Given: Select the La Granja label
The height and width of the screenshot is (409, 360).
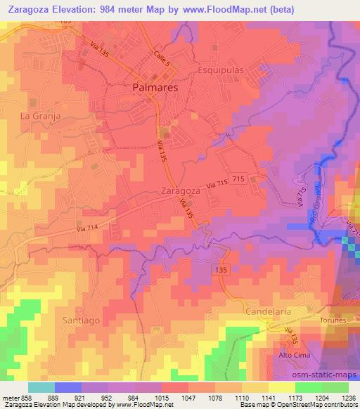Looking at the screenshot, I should [40, 115].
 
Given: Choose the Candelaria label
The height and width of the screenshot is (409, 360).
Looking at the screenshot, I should [267, 310].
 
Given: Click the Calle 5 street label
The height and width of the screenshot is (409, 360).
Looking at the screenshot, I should [162, 60].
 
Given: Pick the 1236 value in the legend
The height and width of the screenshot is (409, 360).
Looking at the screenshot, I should [348, 397].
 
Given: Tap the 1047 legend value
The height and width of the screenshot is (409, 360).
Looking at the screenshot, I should [187, 397].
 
